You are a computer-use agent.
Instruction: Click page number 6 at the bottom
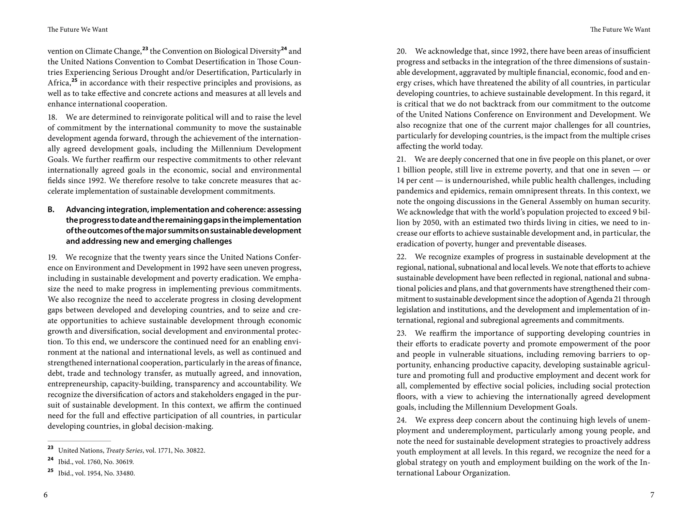click(46, 495)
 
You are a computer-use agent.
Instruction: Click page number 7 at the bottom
click(652, 495)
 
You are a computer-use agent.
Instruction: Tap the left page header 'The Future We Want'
click(78, 30)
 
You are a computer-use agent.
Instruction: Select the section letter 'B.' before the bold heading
click(51, 209)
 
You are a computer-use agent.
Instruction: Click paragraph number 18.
click(52, 117)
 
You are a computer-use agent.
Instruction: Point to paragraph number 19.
click(52, 257)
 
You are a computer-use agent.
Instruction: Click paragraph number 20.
click(401, 51)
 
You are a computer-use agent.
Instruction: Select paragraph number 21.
click(401, 159)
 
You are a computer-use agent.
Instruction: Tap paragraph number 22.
click(401, 257)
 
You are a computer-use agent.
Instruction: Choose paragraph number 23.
click(401, 333)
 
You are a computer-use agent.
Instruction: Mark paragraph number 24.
click(401, 420)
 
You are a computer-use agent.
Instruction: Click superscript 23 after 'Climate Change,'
click(145, 49)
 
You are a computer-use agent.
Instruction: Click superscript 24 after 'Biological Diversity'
click(284, 49)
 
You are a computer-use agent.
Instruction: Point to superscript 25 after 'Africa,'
click(74, 80)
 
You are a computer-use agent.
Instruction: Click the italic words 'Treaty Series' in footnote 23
click(124, 451)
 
